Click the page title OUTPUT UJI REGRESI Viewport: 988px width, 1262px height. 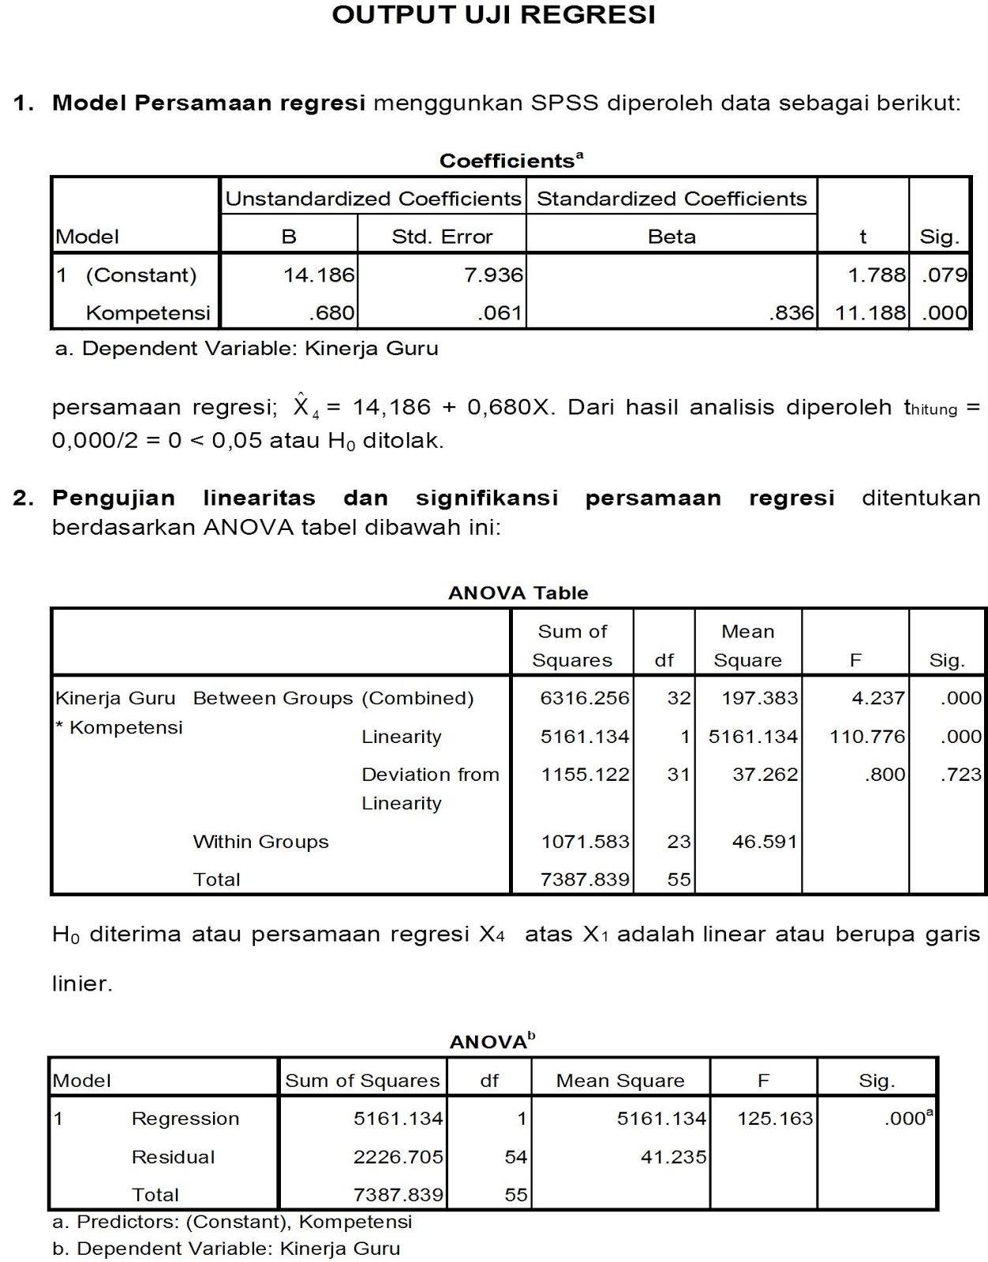(x=493, y=16)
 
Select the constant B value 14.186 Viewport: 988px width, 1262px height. (x=319, y=274)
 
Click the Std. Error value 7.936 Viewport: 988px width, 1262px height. (x=493, y=274)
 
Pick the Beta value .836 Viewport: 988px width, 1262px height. (x=791, y=313)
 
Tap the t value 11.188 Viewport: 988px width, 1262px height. (x=870, y=313)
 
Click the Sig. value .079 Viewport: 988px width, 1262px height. (x=944, y=274)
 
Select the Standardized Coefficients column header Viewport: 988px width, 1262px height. (x=672, y=199)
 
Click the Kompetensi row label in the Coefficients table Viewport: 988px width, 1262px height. (x=148, y=313)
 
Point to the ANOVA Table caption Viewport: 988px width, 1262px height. (x=518, y=593)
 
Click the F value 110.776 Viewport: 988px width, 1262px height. (x=866, y=737)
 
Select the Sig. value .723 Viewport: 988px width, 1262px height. (x=960, y=775)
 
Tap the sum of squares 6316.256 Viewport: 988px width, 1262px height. (x=585, y=698)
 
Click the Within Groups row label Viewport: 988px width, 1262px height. (x=260, y=842)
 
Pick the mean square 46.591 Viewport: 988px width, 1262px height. (x=765, y=842)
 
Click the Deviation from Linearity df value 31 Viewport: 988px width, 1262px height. (x=679, y=775)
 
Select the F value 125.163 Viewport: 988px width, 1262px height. (x=774, y=1118)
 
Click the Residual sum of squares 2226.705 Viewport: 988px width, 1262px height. (x=398, y=1157)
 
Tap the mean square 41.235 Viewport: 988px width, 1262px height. (x=673, y=1157)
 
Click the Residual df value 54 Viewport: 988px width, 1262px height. (x=515, y=1157)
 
